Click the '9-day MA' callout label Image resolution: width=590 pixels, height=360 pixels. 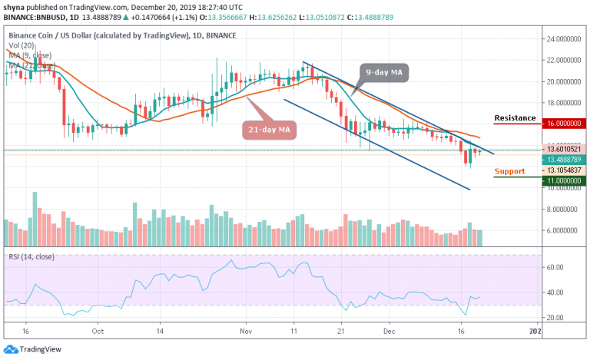384,73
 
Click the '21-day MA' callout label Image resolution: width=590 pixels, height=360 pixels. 268,130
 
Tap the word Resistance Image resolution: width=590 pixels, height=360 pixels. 515,117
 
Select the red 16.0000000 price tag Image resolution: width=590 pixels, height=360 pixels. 562,123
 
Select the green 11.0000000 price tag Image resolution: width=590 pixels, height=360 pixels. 562,181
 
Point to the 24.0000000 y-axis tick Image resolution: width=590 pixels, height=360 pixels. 562,38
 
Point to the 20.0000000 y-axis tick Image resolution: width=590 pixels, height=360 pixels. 562,81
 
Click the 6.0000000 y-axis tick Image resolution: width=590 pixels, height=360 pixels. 562,230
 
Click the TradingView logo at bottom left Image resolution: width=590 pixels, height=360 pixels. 35,348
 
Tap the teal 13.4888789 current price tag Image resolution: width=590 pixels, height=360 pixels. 562,160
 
